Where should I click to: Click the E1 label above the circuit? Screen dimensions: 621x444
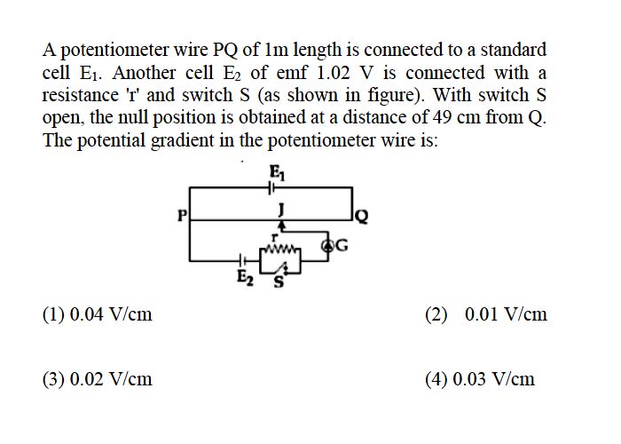277,172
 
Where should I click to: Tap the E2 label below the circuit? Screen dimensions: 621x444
245,278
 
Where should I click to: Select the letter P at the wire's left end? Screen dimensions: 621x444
182,215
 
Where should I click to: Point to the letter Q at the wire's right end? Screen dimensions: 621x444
362,217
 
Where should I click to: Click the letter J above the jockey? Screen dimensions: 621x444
281,210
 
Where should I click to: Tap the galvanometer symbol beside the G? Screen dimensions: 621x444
328,246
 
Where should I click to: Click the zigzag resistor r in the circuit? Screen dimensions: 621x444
280,250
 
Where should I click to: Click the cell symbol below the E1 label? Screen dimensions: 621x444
271,187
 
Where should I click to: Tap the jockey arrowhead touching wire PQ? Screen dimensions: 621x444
281,225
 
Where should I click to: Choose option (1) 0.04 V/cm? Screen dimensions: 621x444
98,314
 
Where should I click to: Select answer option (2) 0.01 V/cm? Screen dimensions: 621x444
486,314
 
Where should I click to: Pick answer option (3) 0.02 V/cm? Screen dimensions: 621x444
98,379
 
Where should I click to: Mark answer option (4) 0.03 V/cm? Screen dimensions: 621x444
480,379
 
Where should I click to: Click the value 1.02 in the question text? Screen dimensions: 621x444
334,73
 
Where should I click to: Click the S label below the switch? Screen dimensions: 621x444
279,282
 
